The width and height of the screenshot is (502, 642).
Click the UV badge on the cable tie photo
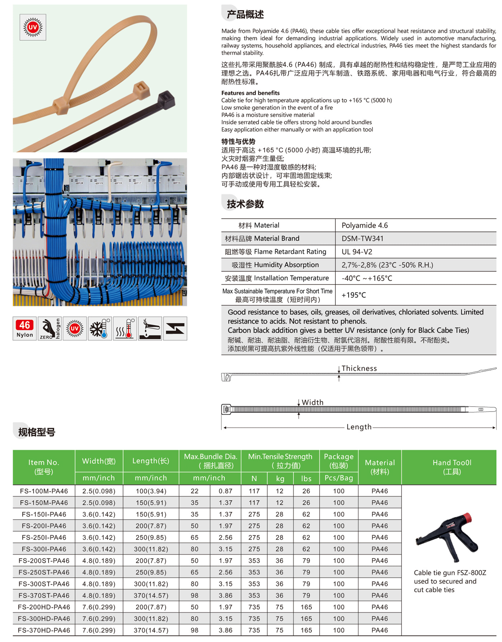pyautogui.click(x=33, y=27)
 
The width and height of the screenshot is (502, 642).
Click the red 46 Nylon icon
pyautogui.click(x=24, y=329)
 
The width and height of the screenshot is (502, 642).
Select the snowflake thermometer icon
pyautogui.click(x=100, y=329)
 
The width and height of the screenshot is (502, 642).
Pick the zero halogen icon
pyautogui.click(x=49, y=329)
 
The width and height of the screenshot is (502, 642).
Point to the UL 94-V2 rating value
pyautogui.click(x=357, y=252)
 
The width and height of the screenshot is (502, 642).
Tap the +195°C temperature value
pyautogui.click(x=354, y=295)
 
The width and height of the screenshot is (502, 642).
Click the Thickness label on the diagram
pyautogui.click(x=359, y=368)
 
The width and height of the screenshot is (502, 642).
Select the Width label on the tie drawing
pyautogui.click(x=312, y=402)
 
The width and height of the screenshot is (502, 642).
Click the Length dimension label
pyautogui.click(x=359, y=427)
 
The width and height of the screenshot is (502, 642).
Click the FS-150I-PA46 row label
pyautogui.click(x=44, y=514)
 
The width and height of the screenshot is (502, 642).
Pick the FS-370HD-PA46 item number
pyautogui.click(x=44, y=630)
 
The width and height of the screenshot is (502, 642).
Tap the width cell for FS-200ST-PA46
pyautogui.click(x=99, y=561)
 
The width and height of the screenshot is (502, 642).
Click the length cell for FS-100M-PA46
pyautogui.click(x=151, y=491)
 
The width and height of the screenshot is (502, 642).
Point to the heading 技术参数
pyautogui.click(x=245, y=204)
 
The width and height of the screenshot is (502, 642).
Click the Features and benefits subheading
pyautogui.click(x=250, y=93)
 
